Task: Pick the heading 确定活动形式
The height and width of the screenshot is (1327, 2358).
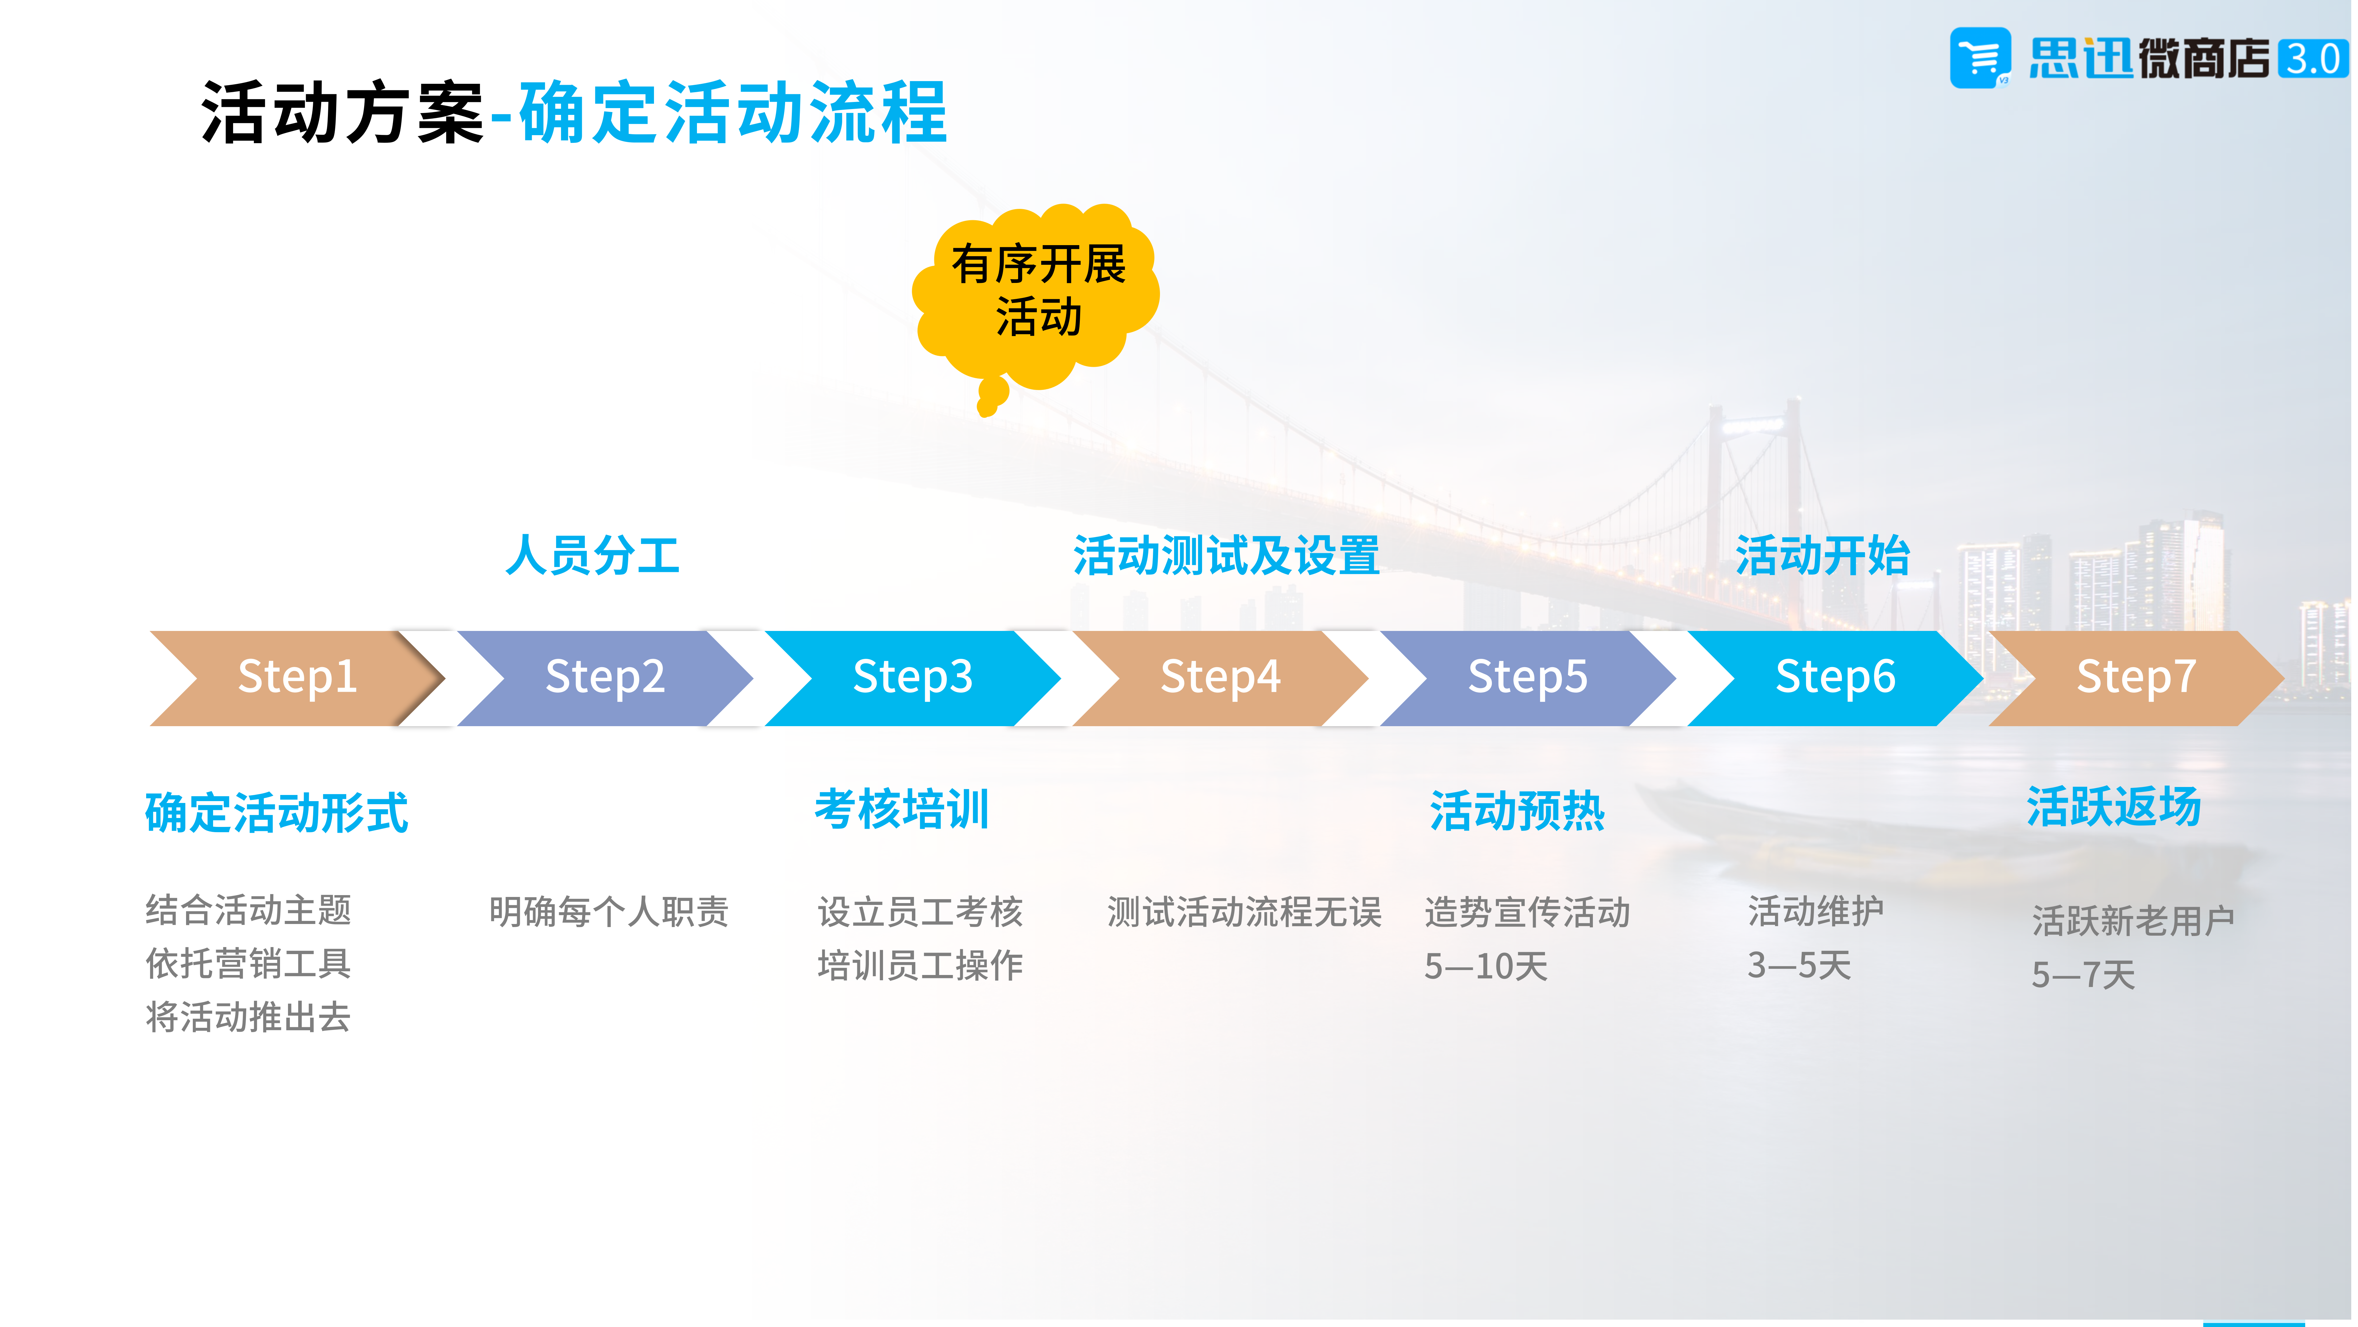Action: (x=276, y=812)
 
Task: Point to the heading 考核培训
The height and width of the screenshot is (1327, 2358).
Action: (x=902, y=809)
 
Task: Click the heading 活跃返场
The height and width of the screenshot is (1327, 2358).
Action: (x=2114, y=807)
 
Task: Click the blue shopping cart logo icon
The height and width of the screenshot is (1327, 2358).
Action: (x=1980, y=58)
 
